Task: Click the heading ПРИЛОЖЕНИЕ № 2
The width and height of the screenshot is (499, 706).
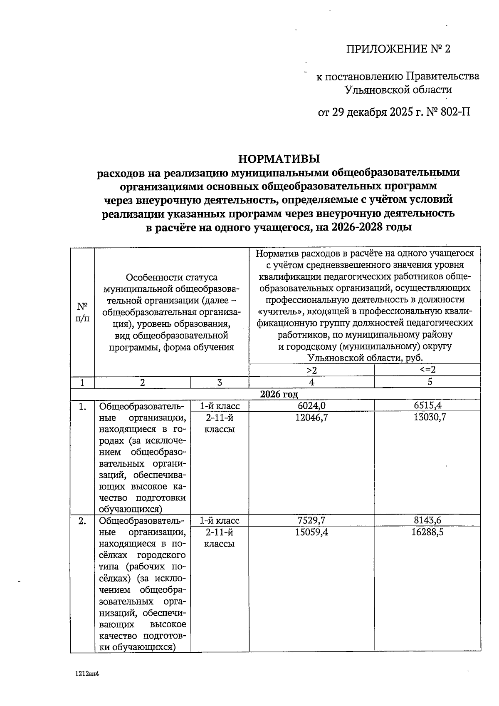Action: (x=398, y=49)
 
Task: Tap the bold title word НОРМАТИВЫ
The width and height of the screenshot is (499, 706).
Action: (x=279, y=159)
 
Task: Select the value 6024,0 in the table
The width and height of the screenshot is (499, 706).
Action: (x=311, y=405)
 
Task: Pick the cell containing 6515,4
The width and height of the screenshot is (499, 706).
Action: (x=427, y=405)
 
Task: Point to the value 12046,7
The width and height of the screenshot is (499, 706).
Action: (x=311, y=417)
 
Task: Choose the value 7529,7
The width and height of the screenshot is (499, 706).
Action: (x=311, y=520)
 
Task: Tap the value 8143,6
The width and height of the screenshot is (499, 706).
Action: (x=427, y=520)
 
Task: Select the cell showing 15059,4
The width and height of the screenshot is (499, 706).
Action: (x=311, y=532)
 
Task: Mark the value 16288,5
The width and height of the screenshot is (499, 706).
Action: (x=427, y=532)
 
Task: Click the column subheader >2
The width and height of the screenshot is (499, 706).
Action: (x=311, y=370)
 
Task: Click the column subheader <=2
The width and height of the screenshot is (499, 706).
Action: (x=427, y=370)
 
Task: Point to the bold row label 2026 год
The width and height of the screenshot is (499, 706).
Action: (x=279, y=394)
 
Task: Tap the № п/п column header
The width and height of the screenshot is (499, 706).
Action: (x=83, y=312)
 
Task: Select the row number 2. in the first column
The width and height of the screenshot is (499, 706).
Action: (x=83, y=521)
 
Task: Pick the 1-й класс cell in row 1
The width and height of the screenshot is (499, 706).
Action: (x=220, y=406)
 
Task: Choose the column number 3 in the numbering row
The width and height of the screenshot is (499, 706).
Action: (x=220, y=382)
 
